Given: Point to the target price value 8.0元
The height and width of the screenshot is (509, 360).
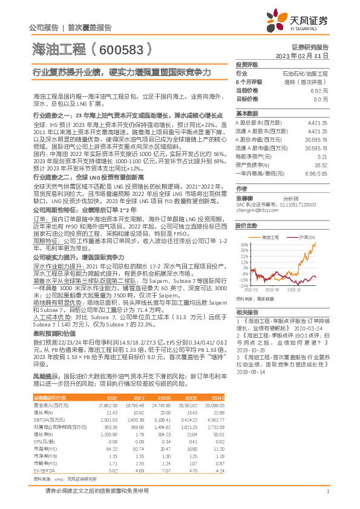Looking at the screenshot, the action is point(321,98).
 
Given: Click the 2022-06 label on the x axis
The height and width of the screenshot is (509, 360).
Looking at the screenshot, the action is point(273,290).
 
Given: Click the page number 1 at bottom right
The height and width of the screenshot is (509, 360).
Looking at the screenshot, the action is point(327,491).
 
